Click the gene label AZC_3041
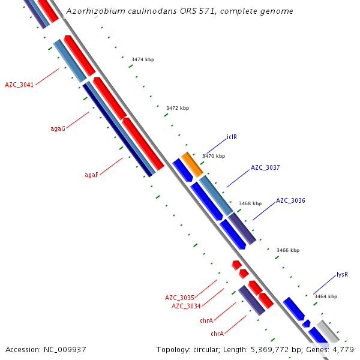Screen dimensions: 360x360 (x=19, y=85)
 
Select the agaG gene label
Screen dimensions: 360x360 (x=58, y=128)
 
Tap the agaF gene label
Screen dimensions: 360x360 (x=91, y=175)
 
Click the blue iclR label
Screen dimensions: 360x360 (x=232, y=137)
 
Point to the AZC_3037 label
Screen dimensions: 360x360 (x=265, y=167)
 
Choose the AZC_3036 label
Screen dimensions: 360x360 (x=290, y=200)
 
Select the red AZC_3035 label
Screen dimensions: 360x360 (x=179, y=298)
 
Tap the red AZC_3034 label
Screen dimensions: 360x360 (x=186, y=306)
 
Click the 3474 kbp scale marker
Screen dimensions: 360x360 (x=143, y=59)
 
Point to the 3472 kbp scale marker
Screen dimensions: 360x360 (x=177, y=108)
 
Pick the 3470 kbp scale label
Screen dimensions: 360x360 (x=214, y=156)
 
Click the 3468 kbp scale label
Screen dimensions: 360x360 (x=250, y=203)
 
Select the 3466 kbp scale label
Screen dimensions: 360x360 (x=287, y=250)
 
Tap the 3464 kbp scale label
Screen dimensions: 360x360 (x=325, y=296)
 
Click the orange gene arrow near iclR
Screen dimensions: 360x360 (x=192, y=163)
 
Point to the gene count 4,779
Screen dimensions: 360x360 (x=343, y=349)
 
